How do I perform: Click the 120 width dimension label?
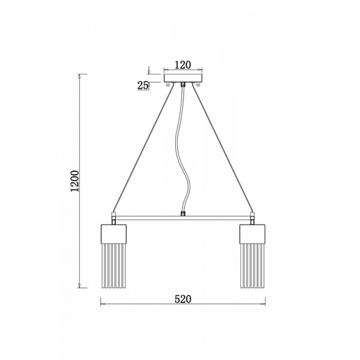(x=183, y=65)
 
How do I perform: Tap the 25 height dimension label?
(x=143, y=85)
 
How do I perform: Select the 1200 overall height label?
(x=74, y=181)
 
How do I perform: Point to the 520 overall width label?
(x=183, y=299)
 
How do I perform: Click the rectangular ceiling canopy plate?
(x=183, y=78)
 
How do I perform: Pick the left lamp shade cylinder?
(x=113, y=234)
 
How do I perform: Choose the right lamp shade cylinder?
(x=253, y=234)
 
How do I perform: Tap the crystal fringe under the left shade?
(x=113, y=266)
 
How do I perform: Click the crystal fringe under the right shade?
(x=253, y=266)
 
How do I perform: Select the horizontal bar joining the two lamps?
(x=183, y=218)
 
